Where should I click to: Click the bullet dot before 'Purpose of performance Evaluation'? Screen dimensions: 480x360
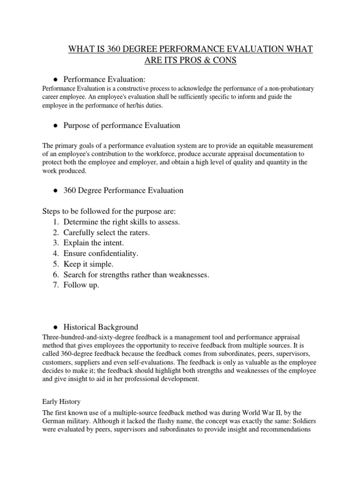(55, 126)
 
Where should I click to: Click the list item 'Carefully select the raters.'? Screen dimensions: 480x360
(106, 232)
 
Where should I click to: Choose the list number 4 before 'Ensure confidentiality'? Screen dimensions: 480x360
(55, 254)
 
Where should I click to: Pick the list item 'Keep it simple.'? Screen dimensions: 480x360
(88, 264)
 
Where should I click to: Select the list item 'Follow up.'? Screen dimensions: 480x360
(82, 285)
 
